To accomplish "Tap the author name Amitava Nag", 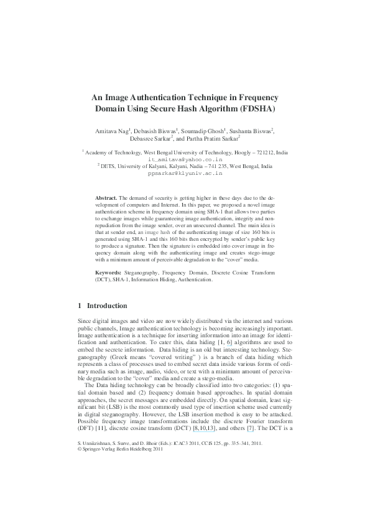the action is [x=110, y=131].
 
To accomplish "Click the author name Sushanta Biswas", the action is [x=253, y=131].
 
